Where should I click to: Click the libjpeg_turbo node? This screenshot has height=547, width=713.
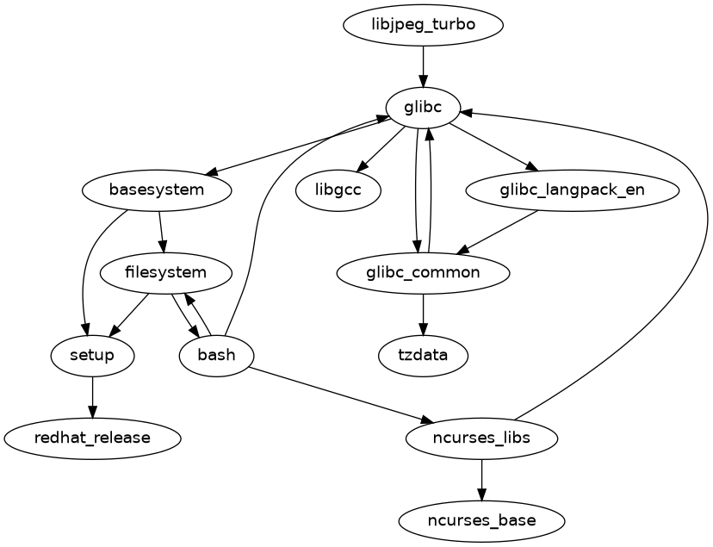423,25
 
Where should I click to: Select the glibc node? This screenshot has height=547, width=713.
423,108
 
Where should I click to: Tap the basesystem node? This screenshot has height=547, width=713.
157,190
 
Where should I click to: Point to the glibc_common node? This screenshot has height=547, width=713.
423,273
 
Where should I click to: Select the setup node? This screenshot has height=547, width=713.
92,355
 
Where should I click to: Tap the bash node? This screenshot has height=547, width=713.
216,355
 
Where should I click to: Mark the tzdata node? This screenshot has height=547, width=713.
423,355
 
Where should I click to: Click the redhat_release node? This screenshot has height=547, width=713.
92,438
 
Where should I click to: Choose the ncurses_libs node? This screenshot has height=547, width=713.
481,438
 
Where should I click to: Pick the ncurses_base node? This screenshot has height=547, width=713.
481,520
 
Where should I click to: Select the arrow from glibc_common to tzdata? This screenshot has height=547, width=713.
423,314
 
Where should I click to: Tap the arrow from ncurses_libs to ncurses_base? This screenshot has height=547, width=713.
481,479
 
